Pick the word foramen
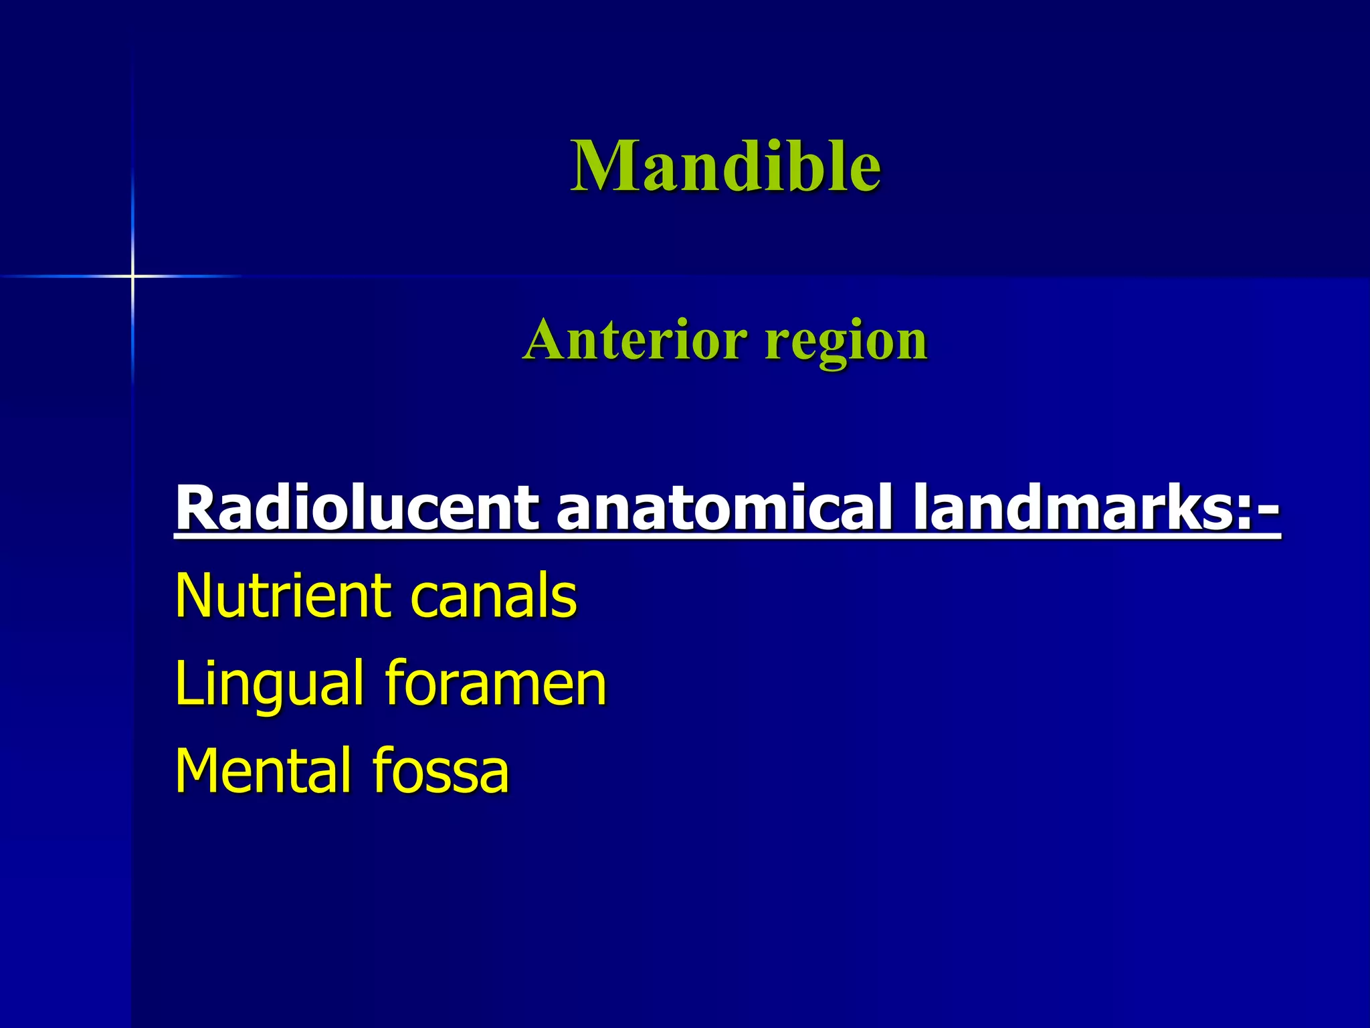pos(496,683)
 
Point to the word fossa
pos(441,770)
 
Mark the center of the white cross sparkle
pos(132,276)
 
